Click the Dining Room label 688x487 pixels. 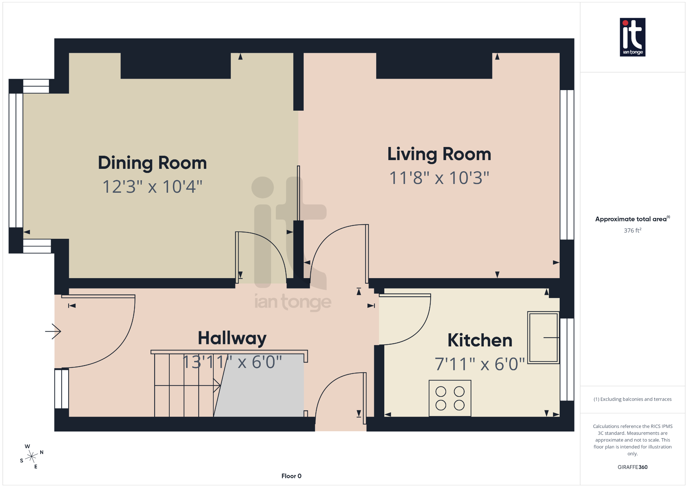coord(152,163)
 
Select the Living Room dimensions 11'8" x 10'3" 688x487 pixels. coord(439,178)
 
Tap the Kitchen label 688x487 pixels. coord(480,340)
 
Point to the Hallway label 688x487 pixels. coord(232,338)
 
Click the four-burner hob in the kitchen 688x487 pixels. coord(450,398)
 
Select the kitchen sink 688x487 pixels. coord(543,337)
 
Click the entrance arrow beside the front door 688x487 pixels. coord(53,331)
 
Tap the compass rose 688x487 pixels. coord(32,456)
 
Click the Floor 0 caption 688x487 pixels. coord(291,476)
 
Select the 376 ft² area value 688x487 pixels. coord(632,230)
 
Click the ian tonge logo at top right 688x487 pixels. coord(632,37)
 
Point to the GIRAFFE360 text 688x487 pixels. coord(632,467)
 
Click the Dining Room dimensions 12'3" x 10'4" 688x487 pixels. coord(152,187)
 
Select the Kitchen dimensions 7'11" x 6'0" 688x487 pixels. coord(480,364)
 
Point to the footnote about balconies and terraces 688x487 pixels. coord(632,399)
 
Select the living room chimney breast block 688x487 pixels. coord(434,66)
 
